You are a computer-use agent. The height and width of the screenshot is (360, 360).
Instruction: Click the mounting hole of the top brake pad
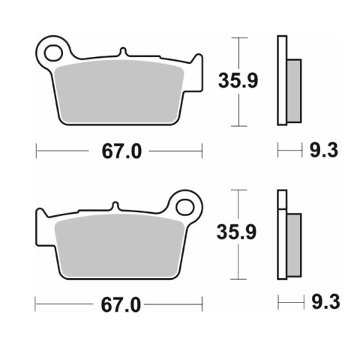coord(53,53)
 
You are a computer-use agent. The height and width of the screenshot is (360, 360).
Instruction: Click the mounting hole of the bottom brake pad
coord(185,207)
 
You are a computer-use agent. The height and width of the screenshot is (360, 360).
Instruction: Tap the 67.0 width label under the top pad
coord(121,151)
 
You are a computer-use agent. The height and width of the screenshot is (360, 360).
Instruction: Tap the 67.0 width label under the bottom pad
coord(121,305)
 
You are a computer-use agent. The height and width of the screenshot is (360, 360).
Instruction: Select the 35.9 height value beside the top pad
coord(238,81)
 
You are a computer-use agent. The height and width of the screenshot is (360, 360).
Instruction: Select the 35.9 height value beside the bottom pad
coord(236,232)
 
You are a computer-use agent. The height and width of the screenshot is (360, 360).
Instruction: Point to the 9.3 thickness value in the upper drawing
coord(324,150)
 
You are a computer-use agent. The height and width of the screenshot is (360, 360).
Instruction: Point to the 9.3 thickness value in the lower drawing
coord(325,302)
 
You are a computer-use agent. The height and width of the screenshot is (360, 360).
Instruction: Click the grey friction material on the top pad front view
coord(119,92)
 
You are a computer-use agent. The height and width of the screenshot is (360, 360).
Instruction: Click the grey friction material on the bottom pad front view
coord(120,246)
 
